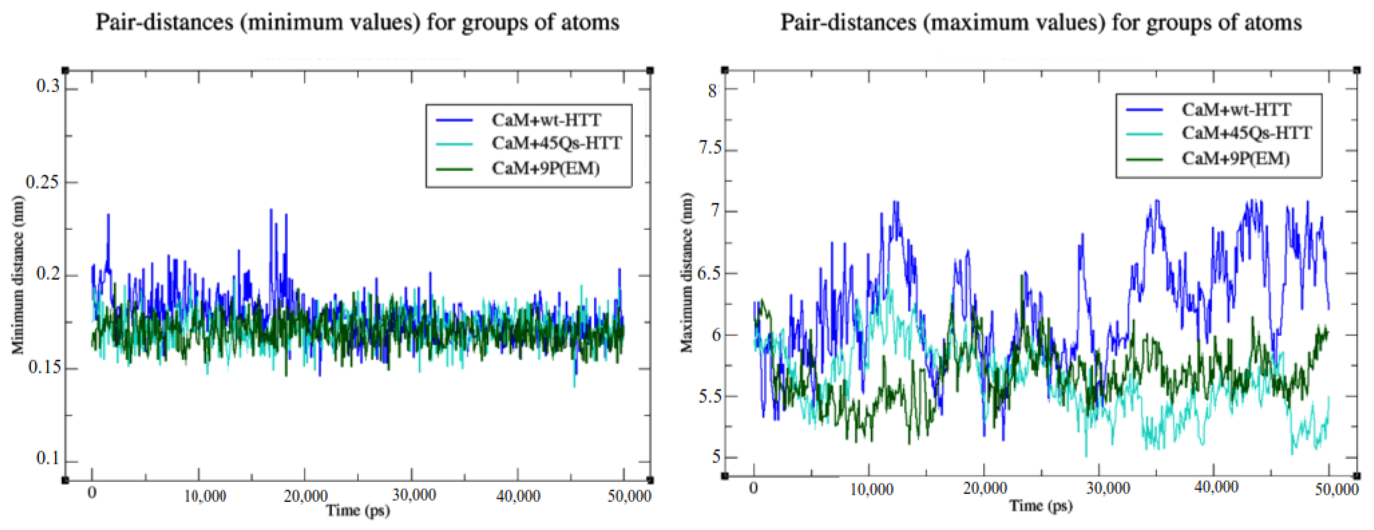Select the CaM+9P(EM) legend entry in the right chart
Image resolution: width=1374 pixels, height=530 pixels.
tap(1235, 158)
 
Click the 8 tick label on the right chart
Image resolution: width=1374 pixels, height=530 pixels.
tap(713, 91)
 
